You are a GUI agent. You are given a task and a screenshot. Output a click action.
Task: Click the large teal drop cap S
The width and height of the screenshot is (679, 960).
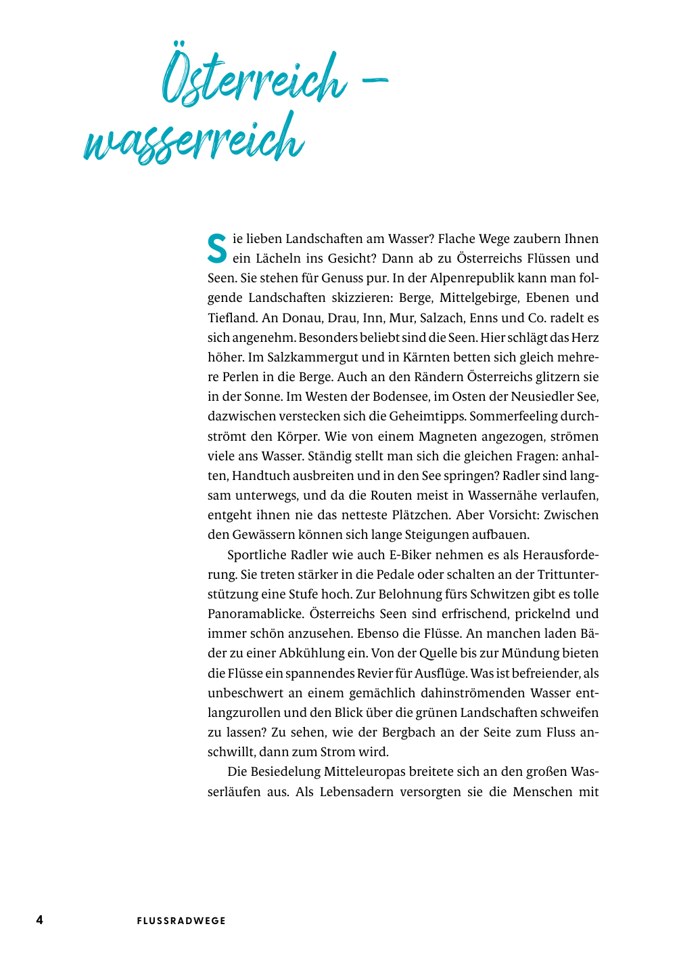217,248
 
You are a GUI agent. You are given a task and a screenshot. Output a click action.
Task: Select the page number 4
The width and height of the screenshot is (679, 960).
39,919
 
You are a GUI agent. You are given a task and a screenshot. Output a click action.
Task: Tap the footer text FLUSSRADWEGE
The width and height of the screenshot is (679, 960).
181,921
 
